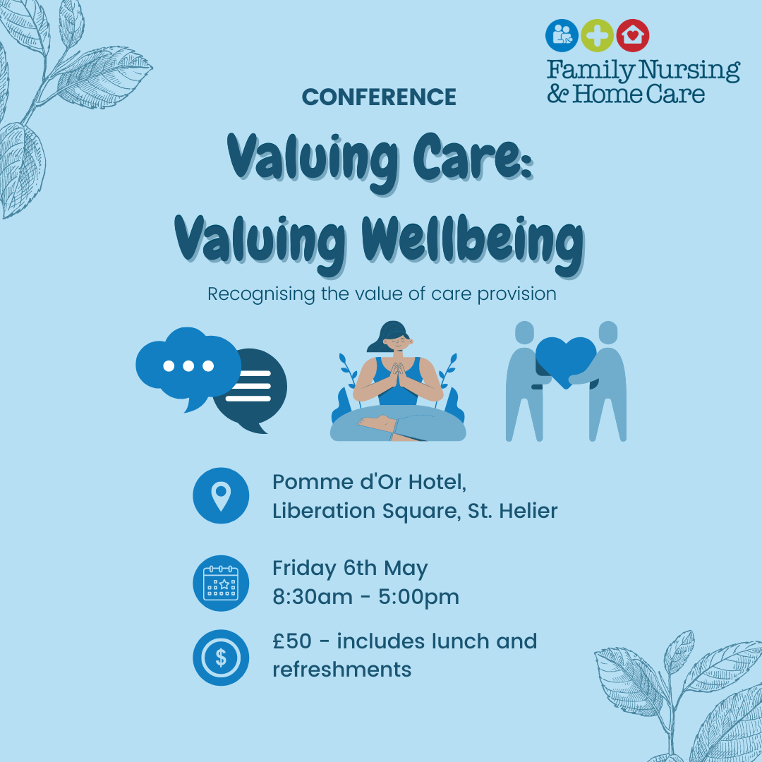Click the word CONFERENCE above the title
[379, 97]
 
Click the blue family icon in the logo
[562, 35]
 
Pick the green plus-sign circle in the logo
[598, 35]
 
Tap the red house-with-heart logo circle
[633, 35]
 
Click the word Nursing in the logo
[689, 71]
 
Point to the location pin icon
[221, 496]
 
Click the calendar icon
[221, 583]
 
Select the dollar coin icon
[221, 658]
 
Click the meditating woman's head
[392, 337]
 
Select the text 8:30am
[313, 598]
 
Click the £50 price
[292, 641]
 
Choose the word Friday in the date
[304, 569]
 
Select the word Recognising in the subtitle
[262, 294]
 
